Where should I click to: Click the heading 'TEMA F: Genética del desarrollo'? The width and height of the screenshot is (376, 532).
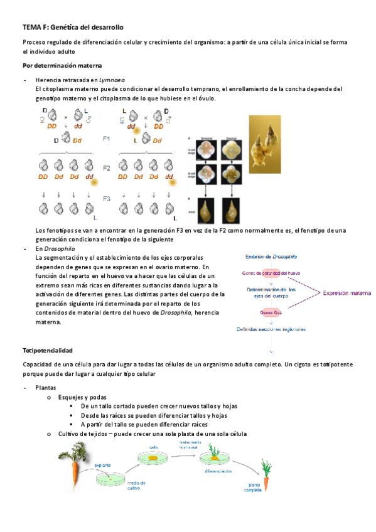click(73, 28)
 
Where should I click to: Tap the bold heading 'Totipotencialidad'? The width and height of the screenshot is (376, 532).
click(48, 349)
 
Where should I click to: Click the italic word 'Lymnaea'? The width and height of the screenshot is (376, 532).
click(112, 80)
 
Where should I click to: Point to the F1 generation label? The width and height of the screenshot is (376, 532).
click(106, 139)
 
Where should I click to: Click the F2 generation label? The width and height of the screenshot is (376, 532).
click(106, 168)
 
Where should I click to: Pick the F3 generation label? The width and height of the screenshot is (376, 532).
click(106, 199)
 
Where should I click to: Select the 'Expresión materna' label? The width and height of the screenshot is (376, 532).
click(345, 292)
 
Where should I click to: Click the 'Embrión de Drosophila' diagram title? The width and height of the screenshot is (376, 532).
click(271, 257)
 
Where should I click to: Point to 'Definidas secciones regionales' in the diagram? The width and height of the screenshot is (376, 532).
click(271, 328)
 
